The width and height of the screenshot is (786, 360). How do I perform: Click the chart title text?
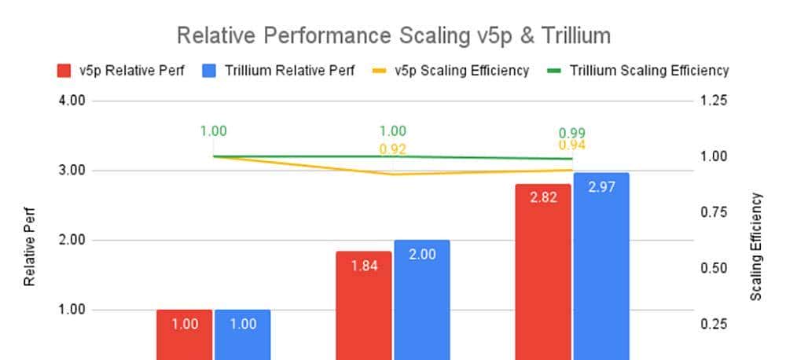point(393,35)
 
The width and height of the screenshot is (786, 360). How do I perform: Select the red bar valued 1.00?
point(184,334)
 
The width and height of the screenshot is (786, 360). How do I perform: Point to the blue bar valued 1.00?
point(242,334)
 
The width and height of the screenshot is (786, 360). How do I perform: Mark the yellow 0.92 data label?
point(393,148)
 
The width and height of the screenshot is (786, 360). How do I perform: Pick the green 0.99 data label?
point(571,133)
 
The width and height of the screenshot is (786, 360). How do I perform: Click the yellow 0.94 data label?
point(571,145)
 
